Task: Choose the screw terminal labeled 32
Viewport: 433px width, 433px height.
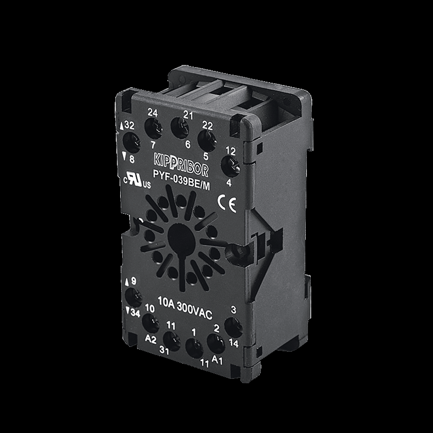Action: coord(130,142)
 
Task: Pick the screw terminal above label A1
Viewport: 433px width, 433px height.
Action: coord(216,343)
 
